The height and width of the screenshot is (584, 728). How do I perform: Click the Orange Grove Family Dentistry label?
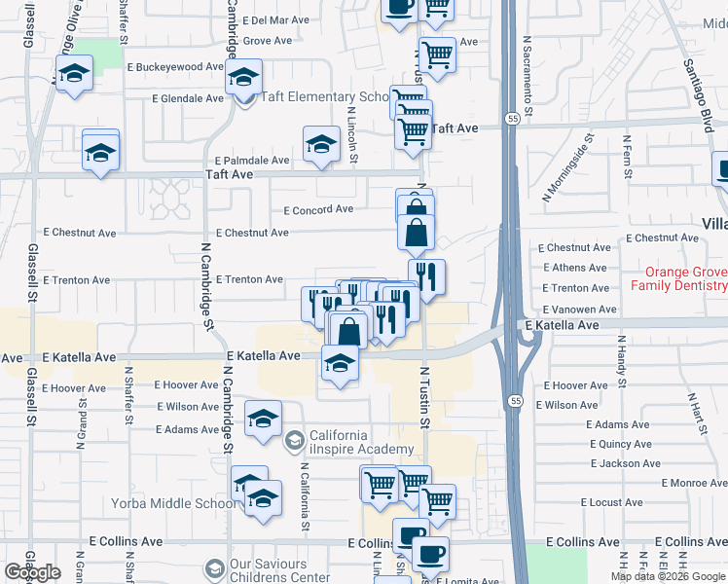click(x=678, y=279)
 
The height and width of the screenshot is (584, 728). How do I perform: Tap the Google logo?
click(x=32, y=572)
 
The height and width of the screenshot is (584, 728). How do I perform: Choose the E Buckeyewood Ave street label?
click(x=176, y=67)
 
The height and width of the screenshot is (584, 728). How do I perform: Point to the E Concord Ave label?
click(x=318, y=209)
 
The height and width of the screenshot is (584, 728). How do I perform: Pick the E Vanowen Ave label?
click(x=579, y=309)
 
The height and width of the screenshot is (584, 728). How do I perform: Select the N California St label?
click(x=305, y=497)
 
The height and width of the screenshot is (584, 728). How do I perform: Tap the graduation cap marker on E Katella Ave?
click(x=339, y=364)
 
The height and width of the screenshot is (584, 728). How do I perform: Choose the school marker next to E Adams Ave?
click(x=262, y=420)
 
